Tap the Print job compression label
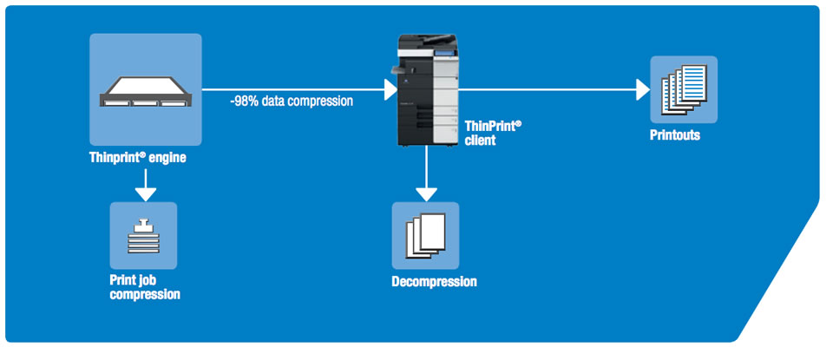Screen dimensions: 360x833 145,287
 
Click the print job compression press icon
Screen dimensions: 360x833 144,235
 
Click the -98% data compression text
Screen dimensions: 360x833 291,101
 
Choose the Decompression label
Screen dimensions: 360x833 434,282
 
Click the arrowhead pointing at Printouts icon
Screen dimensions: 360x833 643,89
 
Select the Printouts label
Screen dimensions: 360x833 675,135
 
